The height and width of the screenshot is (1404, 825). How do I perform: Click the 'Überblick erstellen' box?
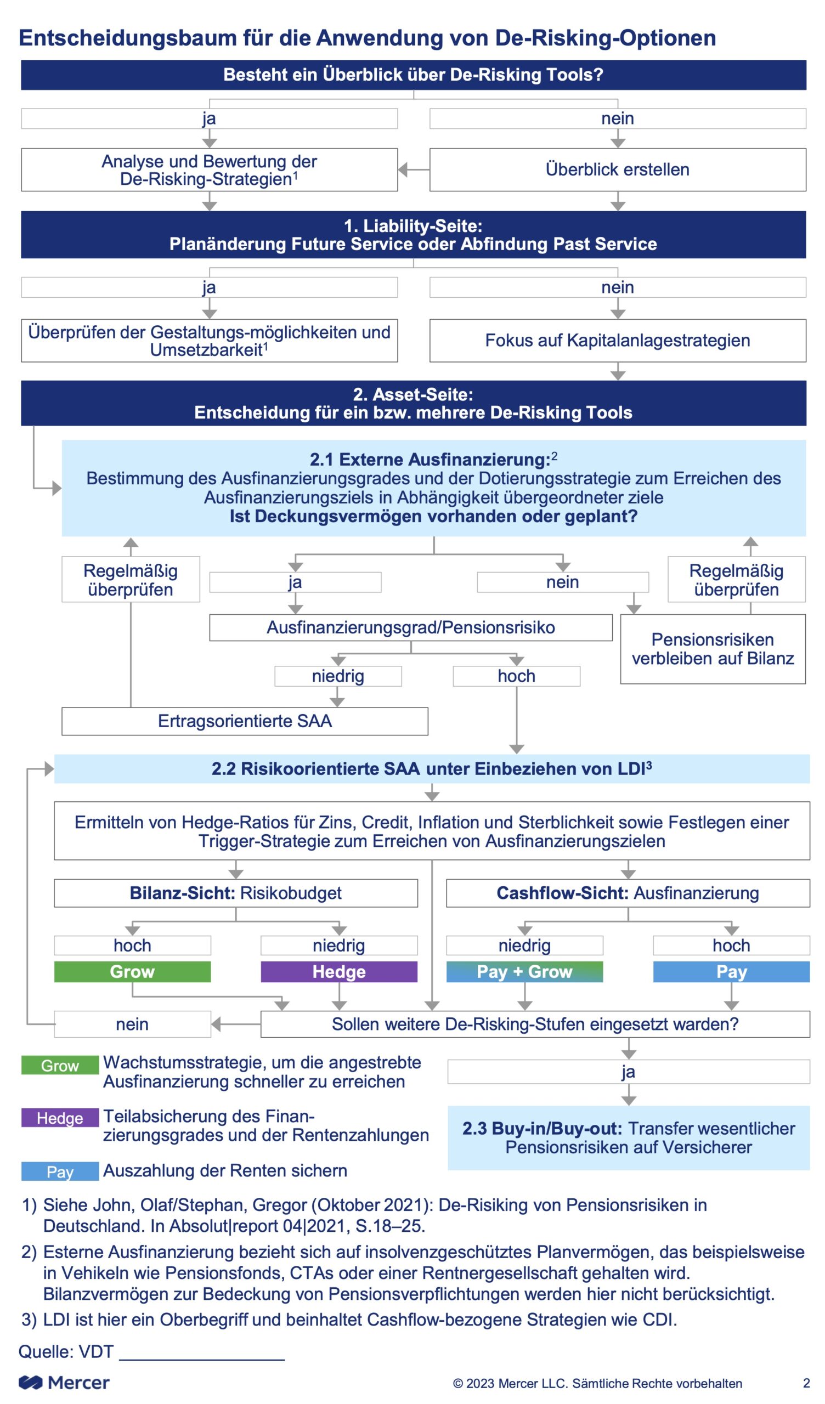[618, 169]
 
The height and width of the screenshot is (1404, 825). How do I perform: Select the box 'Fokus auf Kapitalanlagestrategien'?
[618, 341]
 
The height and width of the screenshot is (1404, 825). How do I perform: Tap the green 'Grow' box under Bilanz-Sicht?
[133, 972]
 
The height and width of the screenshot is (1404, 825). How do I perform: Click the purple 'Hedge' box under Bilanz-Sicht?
[339, 972]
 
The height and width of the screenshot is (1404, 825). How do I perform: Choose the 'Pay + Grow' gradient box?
[524, 972]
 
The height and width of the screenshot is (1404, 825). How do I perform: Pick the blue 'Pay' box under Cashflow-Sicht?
[731, 972]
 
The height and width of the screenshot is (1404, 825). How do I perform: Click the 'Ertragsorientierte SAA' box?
[245, 721]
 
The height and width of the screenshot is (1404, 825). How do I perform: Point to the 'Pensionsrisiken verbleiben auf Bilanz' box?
[713, 649]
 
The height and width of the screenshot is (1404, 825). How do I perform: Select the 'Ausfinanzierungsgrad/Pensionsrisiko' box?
[411, 627]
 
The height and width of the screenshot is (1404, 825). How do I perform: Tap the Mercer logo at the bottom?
[64, 1382]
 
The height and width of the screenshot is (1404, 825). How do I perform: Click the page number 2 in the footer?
[806, 1383]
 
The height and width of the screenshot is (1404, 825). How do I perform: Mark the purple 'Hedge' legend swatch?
[60, 1118]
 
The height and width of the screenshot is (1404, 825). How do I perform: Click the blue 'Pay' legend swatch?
[60, 1171]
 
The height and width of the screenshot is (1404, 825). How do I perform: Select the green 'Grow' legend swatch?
[60, 1065]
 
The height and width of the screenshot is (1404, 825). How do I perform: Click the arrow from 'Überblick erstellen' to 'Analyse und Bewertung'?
[414, 169]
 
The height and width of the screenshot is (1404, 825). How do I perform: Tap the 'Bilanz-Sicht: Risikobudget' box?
[236, 893]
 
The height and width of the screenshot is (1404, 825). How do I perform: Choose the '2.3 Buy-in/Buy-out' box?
[629, 1137]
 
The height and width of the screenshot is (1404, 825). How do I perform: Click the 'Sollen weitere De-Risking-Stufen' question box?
[535, 1024]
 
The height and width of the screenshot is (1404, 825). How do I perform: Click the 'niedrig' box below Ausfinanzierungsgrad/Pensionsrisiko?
[338, 676]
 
